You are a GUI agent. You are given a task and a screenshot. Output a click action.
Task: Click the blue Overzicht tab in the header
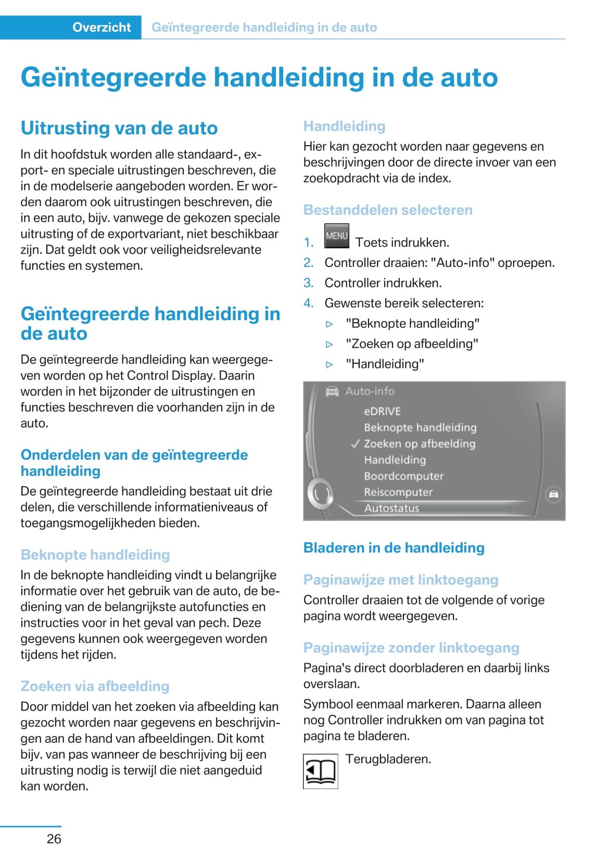coord(102,27)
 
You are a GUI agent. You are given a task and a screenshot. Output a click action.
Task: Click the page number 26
coord(54,839)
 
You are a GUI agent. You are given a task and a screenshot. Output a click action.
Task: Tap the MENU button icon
coord(336,236)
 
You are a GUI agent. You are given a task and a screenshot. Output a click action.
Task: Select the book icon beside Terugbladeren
coord(320,771)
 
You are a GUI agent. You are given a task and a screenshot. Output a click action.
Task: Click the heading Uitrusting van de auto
coord(119,128)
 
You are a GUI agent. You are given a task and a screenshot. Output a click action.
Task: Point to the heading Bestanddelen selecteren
coord(388,210)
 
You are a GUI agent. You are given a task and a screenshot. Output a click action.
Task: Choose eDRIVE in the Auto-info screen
coord(382,411)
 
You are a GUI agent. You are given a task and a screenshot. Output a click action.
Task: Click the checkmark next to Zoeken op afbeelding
coord(355,444)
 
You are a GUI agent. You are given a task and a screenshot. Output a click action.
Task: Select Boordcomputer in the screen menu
coord(403,476)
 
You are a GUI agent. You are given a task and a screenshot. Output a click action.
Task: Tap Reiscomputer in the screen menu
coord(398,492)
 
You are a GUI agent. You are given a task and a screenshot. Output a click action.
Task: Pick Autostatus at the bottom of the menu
coord(391,508)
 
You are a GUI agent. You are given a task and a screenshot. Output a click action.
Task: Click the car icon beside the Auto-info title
coord(332,391)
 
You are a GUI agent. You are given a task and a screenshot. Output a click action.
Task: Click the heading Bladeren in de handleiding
coord(394,548)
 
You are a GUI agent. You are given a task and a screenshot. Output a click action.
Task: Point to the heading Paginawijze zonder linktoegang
coord(411,648)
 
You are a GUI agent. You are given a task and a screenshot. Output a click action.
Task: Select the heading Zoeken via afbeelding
coord(95,686)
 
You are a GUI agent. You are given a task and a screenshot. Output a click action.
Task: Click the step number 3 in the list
coord(308,283)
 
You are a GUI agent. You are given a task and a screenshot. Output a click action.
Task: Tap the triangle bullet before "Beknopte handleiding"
coord(329,324)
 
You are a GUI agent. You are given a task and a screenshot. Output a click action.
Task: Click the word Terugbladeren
coord(388,759)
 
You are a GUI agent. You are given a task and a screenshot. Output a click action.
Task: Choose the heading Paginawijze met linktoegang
coord(401,579)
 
